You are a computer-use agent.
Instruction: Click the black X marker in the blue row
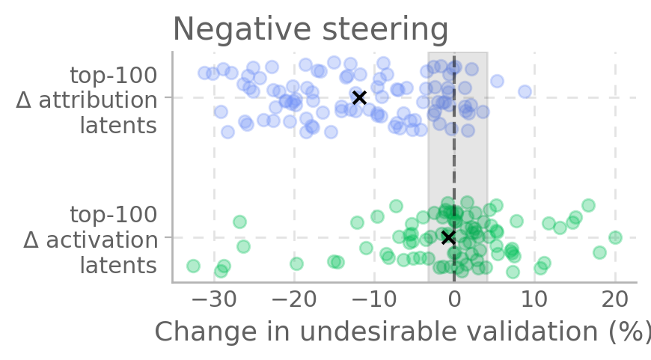359,97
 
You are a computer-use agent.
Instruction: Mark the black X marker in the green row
448,237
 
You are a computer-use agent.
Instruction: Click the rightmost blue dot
525,91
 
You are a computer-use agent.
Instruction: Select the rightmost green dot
615,237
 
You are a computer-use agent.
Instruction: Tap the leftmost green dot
193,266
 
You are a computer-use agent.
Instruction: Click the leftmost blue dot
204,73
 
